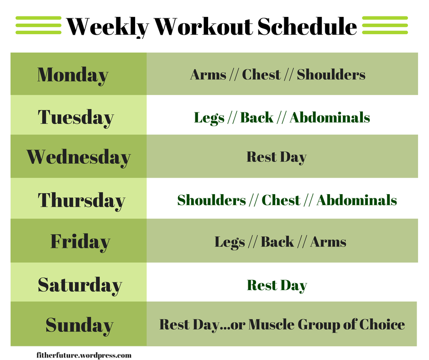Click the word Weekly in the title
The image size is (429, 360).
point(108,27)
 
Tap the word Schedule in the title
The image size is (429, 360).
point(307,26)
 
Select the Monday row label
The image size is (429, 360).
point(73,75)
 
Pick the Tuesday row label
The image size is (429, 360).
point(76,118)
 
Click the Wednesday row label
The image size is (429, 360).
point(78,158)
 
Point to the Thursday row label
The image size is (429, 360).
point(82,201)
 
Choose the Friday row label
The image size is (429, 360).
point(80,242)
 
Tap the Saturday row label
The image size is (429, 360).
point(80,286)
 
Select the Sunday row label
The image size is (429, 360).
point(79,326)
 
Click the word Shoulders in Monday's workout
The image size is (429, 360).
point(331,74)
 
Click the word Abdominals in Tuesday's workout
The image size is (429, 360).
point(330,117)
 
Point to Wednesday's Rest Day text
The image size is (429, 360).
point(277,157)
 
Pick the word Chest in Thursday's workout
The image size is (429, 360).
point(281,200)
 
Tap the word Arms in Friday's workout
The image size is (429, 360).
point(328,242)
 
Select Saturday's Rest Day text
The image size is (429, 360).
point(277,286)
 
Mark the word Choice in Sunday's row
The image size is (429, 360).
point(382,325)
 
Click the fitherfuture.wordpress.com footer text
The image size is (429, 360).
point(84,355)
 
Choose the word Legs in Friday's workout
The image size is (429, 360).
point(230,243)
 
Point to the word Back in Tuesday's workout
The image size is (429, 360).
point(256,117)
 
